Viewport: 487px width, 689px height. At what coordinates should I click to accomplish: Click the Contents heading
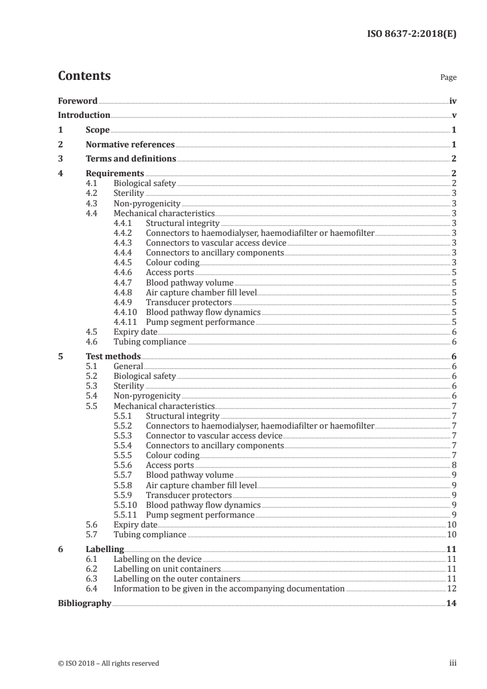[84, 76]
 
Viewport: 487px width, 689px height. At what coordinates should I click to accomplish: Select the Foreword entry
[77, 101]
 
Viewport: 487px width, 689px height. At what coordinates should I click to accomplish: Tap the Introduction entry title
[84, 115]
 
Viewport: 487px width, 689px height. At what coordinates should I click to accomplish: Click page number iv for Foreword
[453, 101]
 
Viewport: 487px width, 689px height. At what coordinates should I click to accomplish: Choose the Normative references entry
[130, 144]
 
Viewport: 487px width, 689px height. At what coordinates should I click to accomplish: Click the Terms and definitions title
[131, 159]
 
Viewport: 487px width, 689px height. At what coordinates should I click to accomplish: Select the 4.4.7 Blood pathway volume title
[189, 282]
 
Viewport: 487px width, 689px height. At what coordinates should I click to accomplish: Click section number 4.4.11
[126, 322]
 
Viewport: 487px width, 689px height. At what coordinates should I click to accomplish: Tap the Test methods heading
[113, 356]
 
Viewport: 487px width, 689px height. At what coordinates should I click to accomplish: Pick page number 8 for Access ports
[453, 465]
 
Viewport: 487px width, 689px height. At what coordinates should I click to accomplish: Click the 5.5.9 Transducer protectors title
[189, 494]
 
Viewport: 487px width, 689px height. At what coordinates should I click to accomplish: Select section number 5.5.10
[126, 504]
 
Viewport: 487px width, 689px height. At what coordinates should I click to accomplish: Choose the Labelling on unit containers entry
[158, 569]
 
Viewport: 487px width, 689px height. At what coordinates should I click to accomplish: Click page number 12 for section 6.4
[451, 588]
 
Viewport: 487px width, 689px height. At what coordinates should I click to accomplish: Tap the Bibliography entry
[84, 603]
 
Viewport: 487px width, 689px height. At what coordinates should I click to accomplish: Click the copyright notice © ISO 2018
[108, 663]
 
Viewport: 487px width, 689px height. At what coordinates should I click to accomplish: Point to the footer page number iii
[453, 663]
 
